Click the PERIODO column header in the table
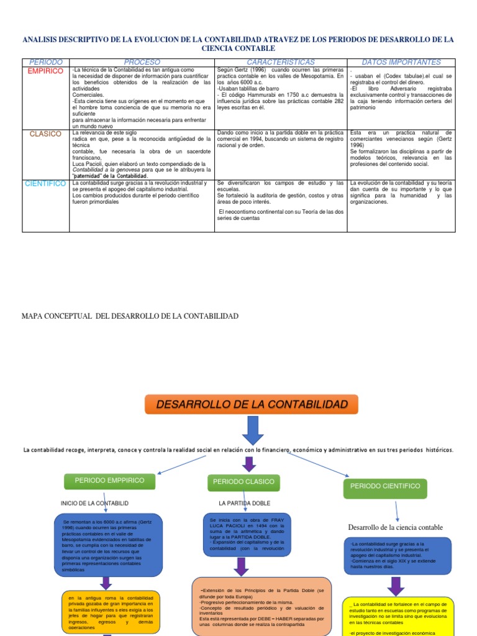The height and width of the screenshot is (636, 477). (x=45, y=62)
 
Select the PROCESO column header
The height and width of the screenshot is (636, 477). (x=142, y=62)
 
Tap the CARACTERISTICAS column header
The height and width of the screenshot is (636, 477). (x=281, y=62)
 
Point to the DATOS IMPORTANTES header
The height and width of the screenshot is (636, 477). (x=401, y=62)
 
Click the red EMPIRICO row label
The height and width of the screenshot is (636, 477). (x=45, y=71)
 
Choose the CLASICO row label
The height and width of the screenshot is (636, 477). (x=45, y=134)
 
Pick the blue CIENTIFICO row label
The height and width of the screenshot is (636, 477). (x=45, y=183)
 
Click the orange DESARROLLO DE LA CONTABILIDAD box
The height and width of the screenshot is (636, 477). (x=252, y=404)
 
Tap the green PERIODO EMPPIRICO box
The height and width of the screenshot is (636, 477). (x=109, y=481)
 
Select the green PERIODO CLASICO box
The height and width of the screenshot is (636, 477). (x=243, y=482)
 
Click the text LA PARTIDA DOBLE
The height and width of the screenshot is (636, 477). (x=245, y=503)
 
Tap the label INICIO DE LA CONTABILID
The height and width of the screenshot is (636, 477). (x=94, y=503)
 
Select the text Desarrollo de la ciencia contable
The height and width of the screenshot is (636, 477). (x=396, y=527)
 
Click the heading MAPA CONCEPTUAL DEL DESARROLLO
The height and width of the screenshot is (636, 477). (x=130, y=317)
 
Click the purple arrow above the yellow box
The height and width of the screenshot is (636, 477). (x=396, y=586)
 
